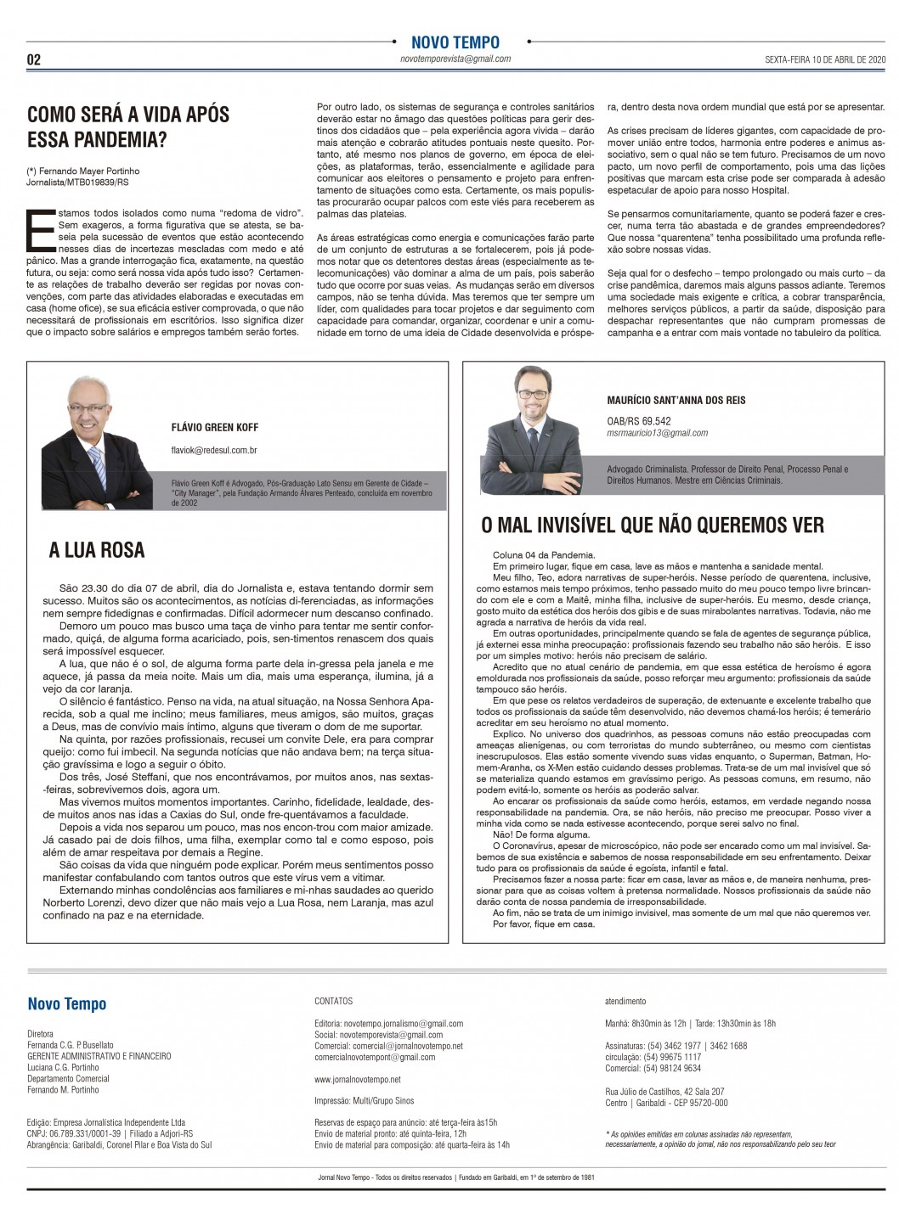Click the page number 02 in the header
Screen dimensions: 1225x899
(35, 59)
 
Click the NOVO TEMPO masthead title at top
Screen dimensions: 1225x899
(455, 42)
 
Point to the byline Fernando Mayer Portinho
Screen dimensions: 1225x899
(88, 171)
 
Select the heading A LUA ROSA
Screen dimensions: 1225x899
(97, 550)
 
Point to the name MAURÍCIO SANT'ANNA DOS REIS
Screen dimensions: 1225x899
(676, 400)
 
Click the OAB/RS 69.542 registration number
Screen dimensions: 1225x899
(639, 420)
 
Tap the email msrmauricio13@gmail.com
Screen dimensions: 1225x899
(658, 433)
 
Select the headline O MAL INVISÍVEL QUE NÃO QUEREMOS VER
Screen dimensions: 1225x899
(653, 525)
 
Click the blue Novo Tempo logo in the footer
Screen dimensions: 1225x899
(67, 1004)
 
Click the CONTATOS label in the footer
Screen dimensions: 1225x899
(333, 1002)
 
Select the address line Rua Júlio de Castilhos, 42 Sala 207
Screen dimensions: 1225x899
(665, 1091)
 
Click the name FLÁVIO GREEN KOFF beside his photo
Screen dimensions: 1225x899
(214, 427)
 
